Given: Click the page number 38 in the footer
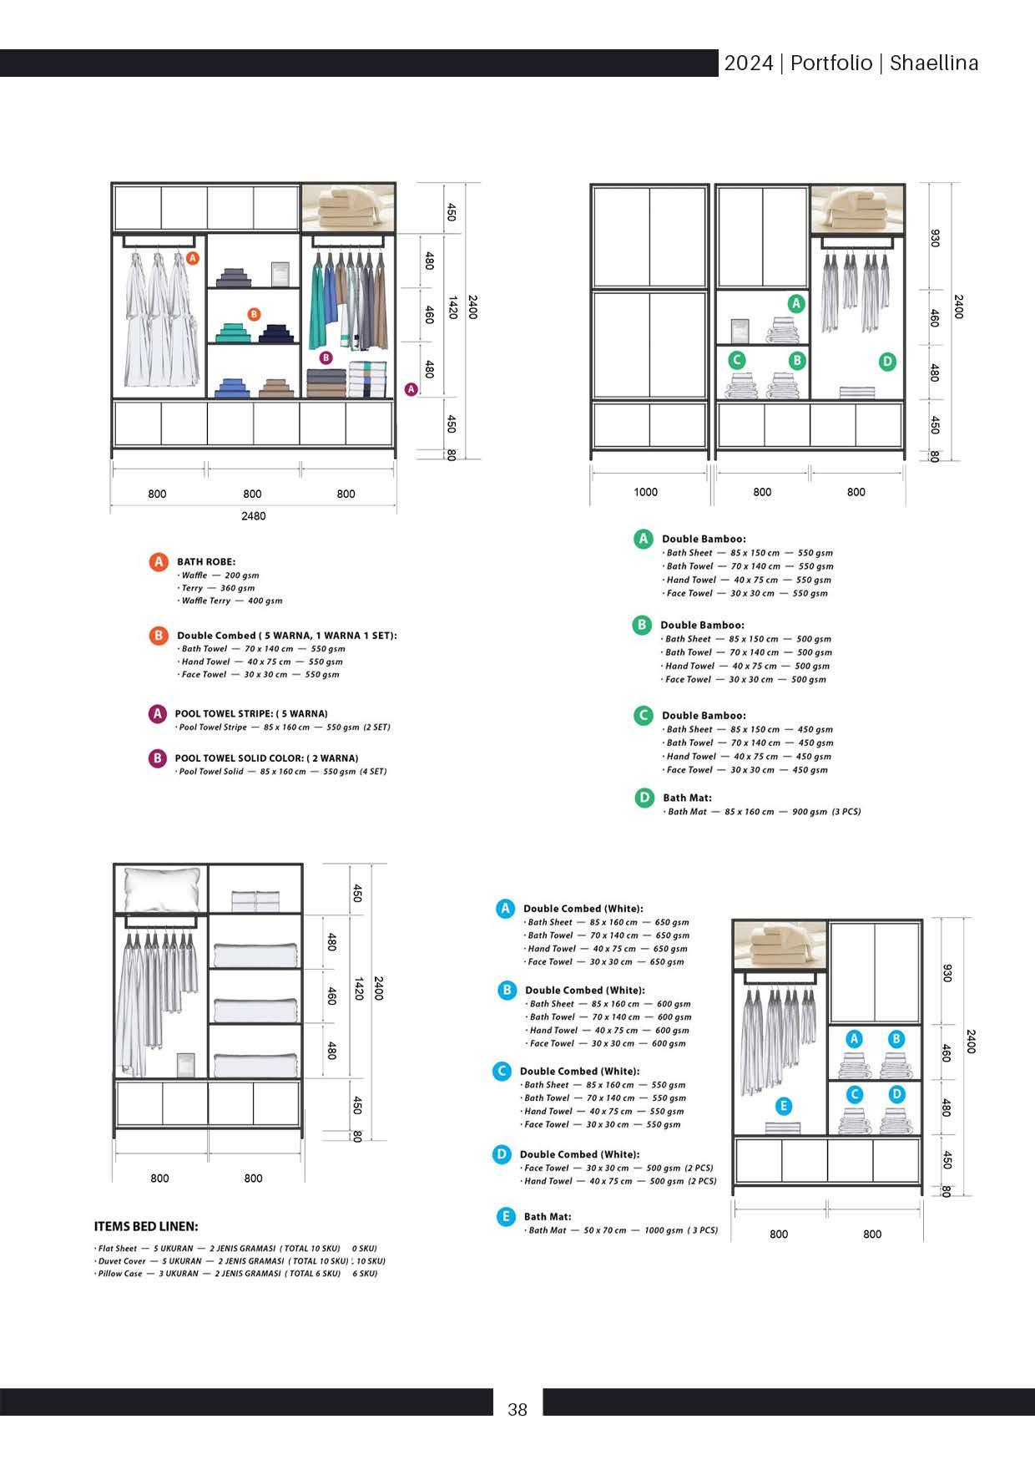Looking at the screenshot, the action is [x=517, y=1410].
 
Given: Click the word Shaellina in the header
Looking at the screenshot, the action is [x=934, y=63].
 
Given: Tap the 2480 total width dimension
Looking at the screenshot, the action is [x=254, y=516].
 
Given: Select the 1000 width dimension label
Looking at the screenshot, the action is [x=645, y=492].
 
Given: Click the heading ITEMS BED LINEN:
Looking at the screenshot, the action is [x=146, y=1226].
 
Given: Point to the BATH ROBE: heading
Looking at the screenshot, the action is [x=206, y=561].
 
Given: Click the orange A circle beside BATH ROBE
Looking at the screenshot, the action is [x=159, y=562].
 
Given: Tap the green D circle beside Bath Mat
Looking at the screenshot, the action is [x=644, y=798].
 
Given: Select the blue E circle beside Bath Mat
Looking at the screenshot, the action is [x=505, y=1217].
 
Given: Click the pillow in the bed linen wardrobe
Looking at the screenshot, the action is [x=162, y=889].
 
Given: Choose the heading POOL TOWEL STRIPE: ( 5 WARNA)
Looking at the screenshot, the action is [x=251, y=713].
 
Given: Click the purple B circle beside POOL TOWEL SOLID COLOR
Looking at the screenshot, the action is [x=158, y=758].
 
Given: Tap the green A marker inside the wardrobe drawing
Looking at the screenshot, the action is [x=796, y=304].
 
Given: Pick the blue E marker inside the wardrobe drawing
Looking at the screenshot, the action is [x=783, y=1106].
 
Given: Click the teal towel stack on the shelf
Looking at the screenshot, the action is [x=233, y=333].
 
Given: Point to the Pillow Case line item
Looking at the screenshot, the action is [x=236, y=1274].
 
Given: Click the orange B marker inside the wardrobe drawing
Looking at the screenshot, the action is [x=254, y=314].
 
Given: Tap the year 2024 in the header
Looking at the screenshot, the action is [x=748, y=63].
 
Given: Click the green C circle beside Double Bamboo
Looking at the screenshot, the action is [x=643, y=716].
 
